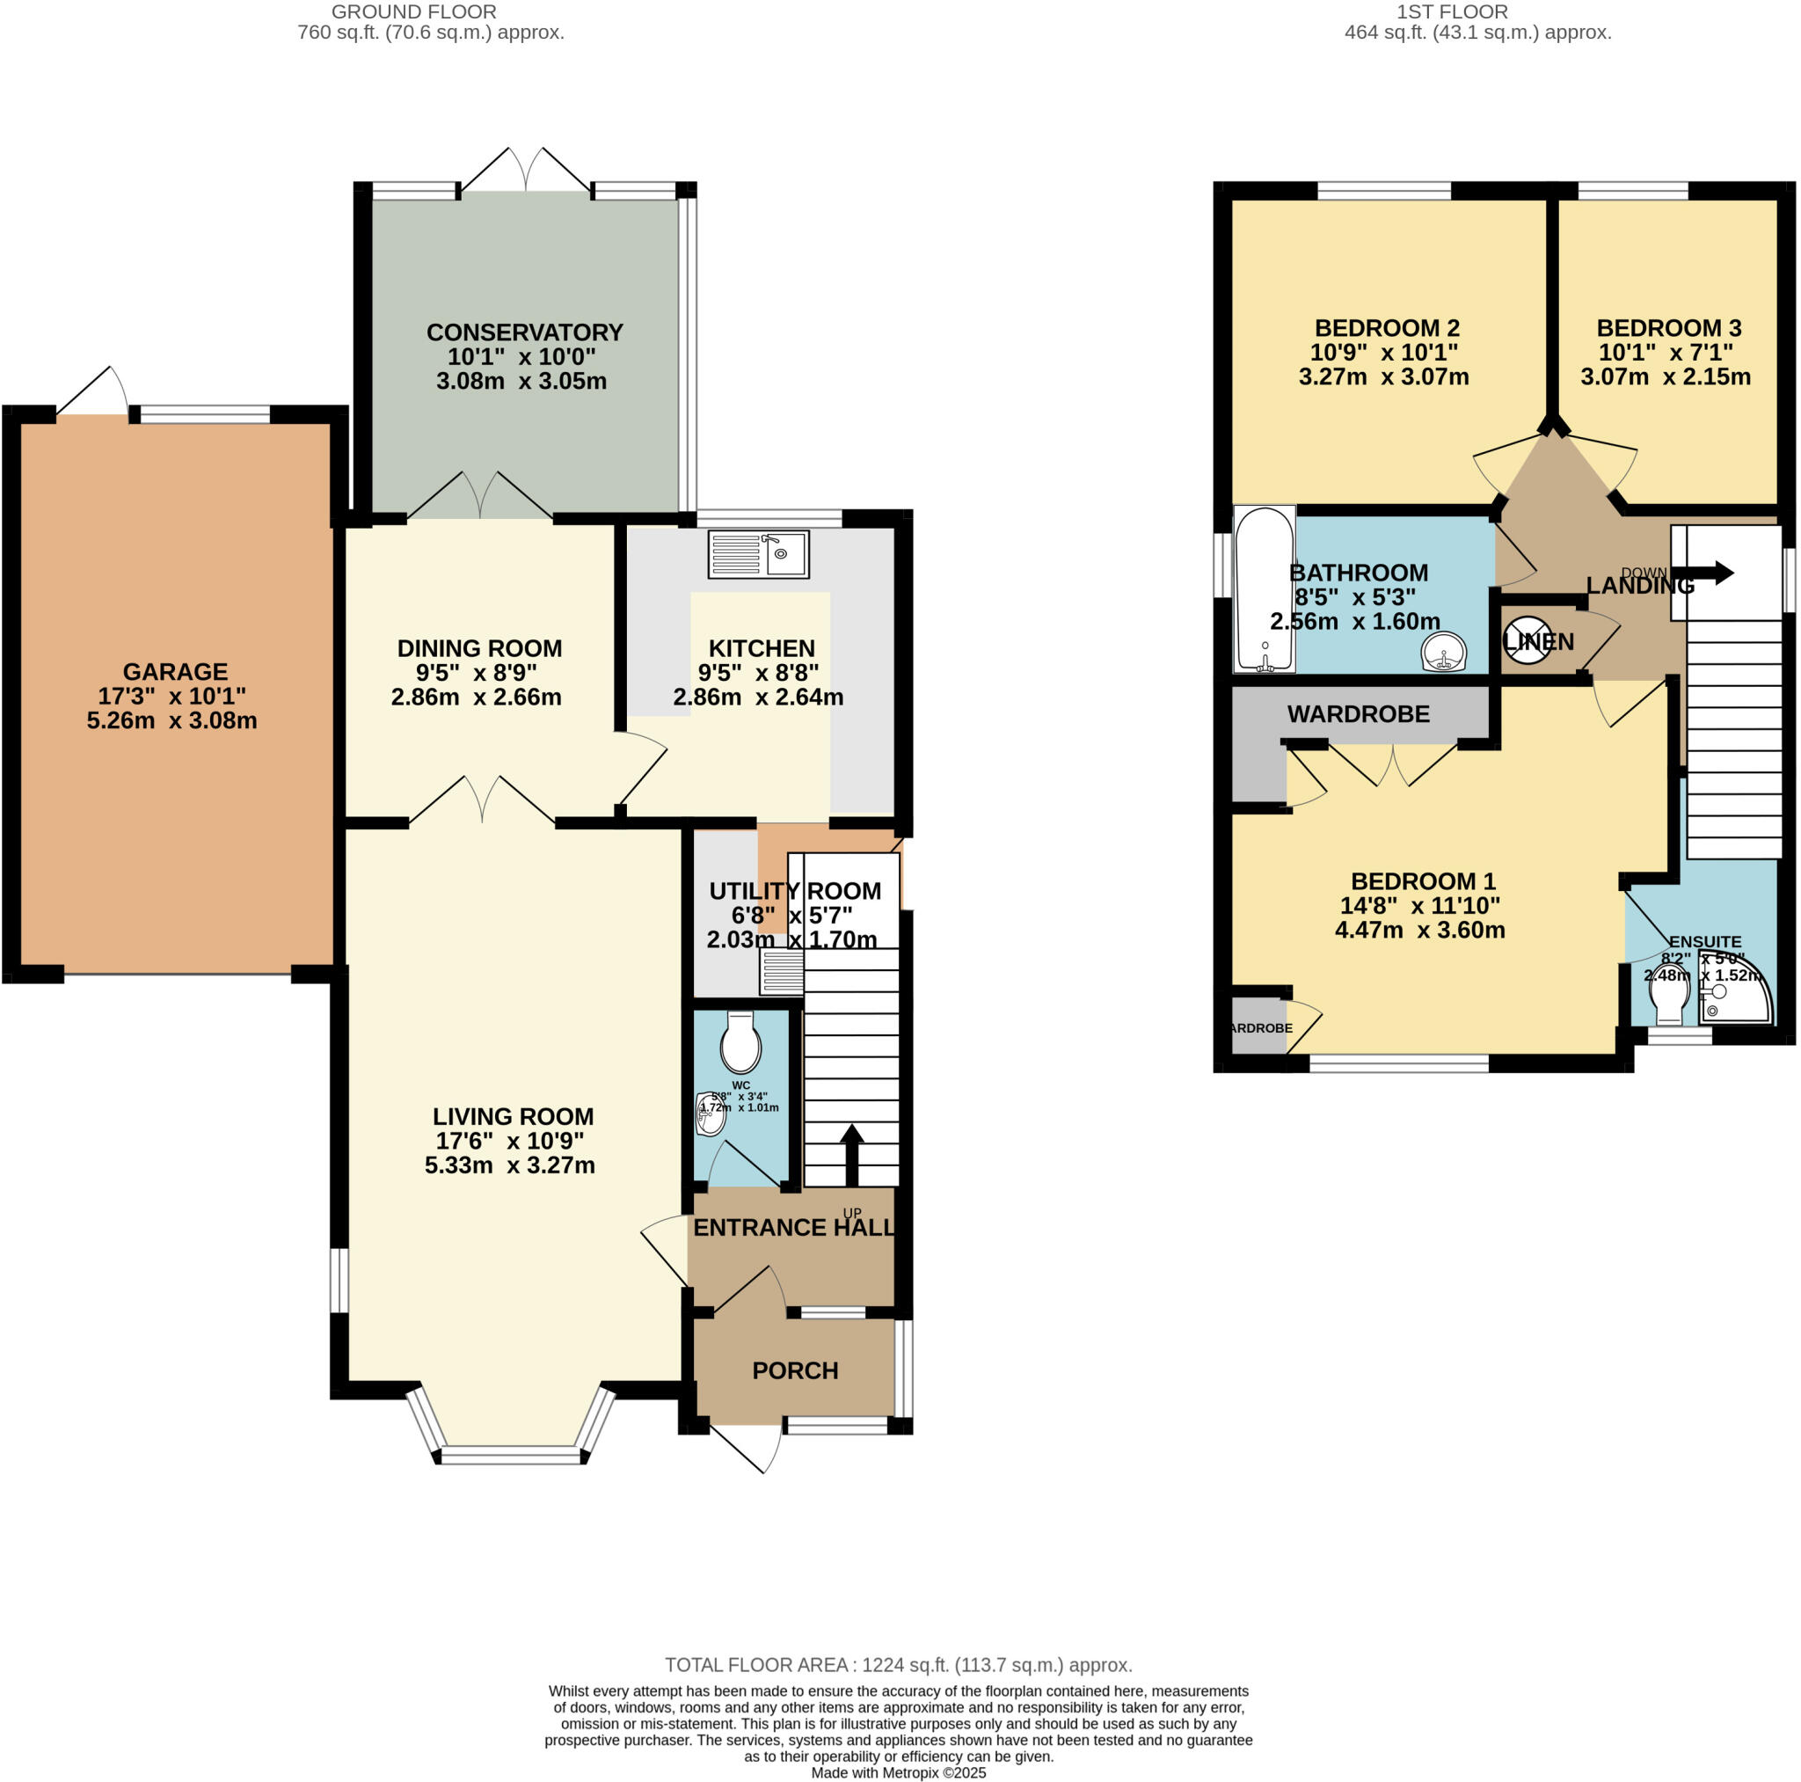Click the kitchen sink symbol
pyautogui.click(x=758, y=555)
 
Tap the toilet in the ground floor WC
pyautogui.click(x=740, y=1042)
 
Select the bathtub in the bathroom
pyautogui.click(x=1264, y=589)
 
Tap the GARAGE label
pyautogui.click(x=175, y=671)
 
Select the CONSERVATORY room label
pyautogui.click(x=525, y=332)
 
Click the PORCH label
pyautogui.click(x=795, y=1369)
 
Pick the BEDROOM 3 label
pyautogui.click(x=1668, y=328)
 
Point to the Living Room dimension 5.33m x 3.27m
pyautogui.click(x=510, y=1165)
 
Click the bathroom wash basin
pyautogui.click(x=1443, y=651)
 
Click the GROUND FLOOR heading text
pyautogui.click(x=414, y=12)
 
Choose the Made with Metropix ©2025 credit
pyautogui.click(x=898, y=1772)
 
